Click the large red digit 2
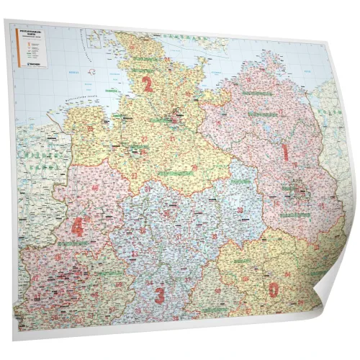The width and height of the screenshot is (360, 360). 148,86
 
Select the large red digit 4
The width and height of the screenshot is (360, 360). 76,228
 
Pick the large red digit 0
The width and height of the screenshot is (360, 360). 273,290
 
